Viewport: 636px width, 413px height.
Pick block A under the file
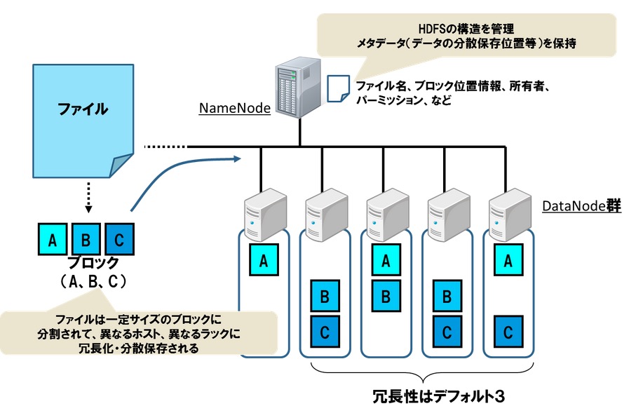52,240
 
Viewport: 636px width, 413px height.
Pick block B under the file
86,240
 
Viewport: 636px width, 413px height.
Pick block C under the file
119,240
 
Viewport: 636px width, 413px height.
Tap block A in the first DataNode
264,261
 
